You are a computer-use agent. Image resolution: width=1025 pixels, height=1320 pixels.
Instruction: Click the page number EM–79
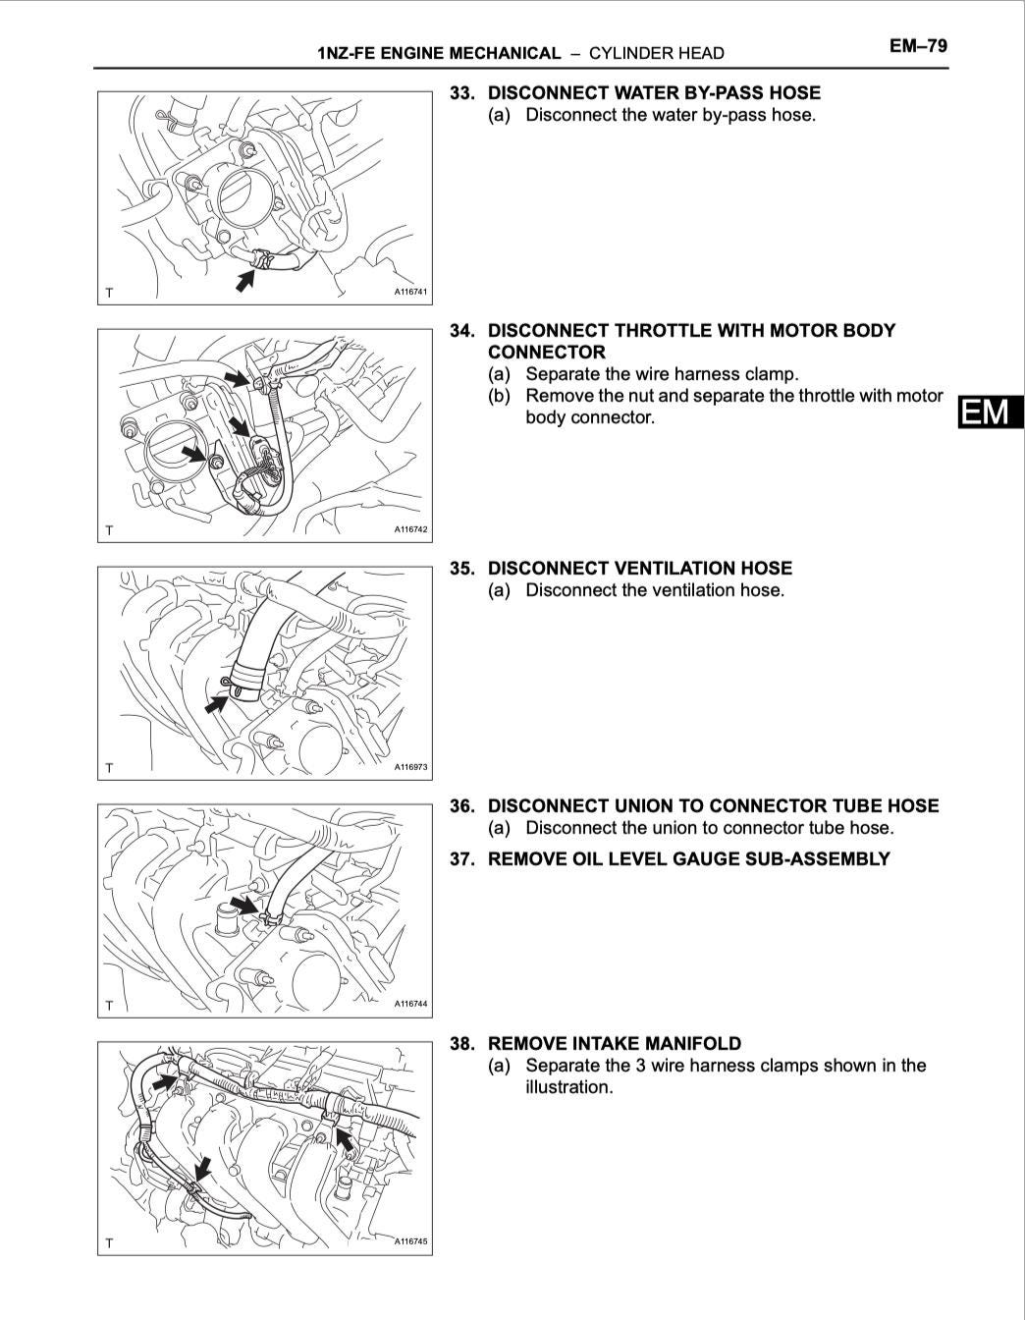click(x=918, y=46)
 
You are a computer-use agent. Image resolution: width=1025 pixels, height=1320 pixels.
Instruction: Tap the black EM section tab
click(x=991, y=412)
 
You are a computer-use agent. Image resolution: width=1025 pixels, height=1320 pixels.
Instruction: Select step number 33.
click(x=461, y=93)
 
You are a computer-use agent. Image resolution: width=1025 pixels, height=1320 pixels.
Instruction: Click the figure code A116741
click(x=410, y=292)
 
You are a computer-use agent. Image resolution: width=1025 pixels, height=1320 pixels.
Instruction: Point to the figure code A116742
click(x=410, y=529)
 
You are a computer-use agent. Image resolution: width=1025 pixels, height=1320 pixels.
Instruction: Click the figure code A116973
click(x=410, y=767)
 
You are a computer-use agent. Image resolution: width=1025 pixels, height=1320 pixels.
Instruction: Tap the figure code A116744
click(x=410, y=1004)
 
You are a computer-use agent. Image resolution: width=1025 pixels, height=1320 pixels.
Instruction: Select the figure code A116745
click(x=410, y=1241)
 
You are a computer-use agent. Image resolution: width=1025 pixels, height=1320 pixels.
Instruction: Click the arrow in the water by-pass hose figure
click(x=245, y=281)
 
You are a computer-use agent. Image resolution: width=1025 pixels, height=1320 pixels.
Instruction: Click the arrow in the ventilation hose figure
click(x=216, y=704)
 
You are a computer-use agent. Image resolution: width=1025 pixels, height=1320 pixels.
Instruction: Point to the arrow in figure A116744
click(x=244, y=905)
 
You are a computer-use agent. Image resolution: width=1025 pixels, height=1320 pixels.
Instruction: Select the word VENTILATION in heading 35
click(x=674, y=568)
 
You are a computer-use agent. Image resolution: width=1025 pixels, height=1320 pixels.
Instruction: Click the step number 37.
click(x=461, y=859)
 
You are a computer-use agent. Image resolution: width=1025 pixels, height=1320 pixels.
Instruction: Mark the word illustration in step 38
click(x=568, y=1086)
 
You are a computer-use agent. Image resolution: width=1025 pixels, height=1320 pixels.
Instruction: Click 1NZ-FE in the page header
click(x=346, y=53)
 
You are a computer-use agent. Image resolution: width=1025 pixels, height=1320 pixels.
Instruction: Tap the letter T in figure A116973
click(x=109, y=768)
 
